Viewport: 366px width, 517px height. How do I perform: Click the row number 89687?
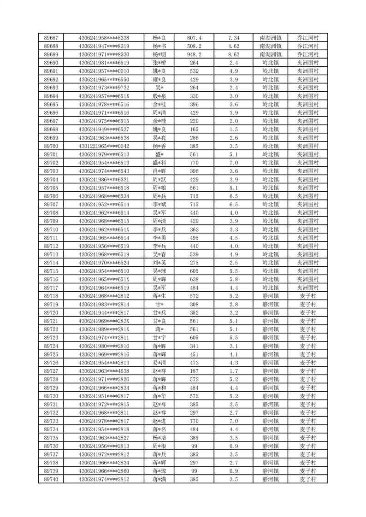[51, 38]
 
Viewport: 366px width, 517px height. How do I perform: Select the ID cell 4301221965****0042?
[104, 146]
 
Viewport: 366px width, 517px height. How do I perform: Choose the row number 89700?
[51, 146]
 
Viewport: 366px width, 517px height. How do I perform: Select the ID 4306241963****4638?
[104, 371]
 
